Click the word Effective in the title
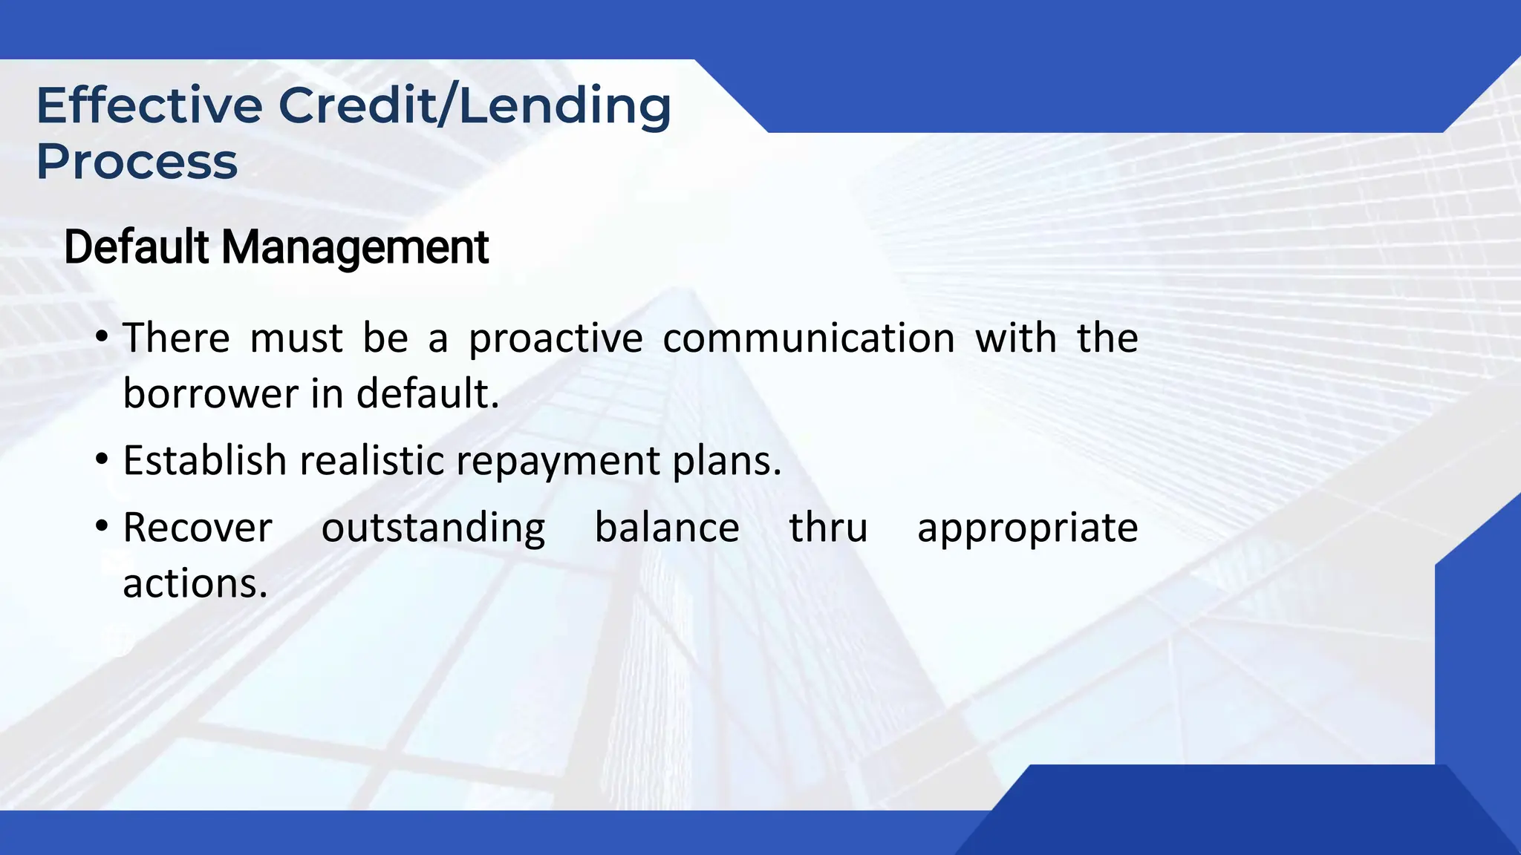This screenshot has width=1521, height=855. (149, 105)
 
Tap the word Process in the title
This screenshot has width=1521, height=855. (137, 162)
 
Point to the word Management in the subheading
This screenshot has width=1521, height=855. (355, 248)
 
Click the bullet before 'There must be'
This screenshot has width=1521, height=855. (102, 338)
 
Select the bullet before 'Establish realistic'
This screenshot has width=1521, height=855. (102, 461)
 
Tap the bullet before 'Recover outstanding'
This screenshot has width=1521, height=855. (102, 528)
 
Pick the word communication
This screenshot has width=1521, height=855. (809, 338)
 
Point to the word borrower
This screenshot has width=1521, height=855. (210, 393)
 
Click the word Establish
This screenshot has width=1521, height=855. (204, 460)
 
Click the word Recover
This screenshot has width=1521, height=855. (198, 528)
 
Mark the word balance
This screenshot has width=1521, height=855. (667, 528)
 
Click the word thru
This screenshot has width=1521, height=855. (828, 528)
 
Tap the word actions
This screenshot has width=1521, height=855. (195, 584)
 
